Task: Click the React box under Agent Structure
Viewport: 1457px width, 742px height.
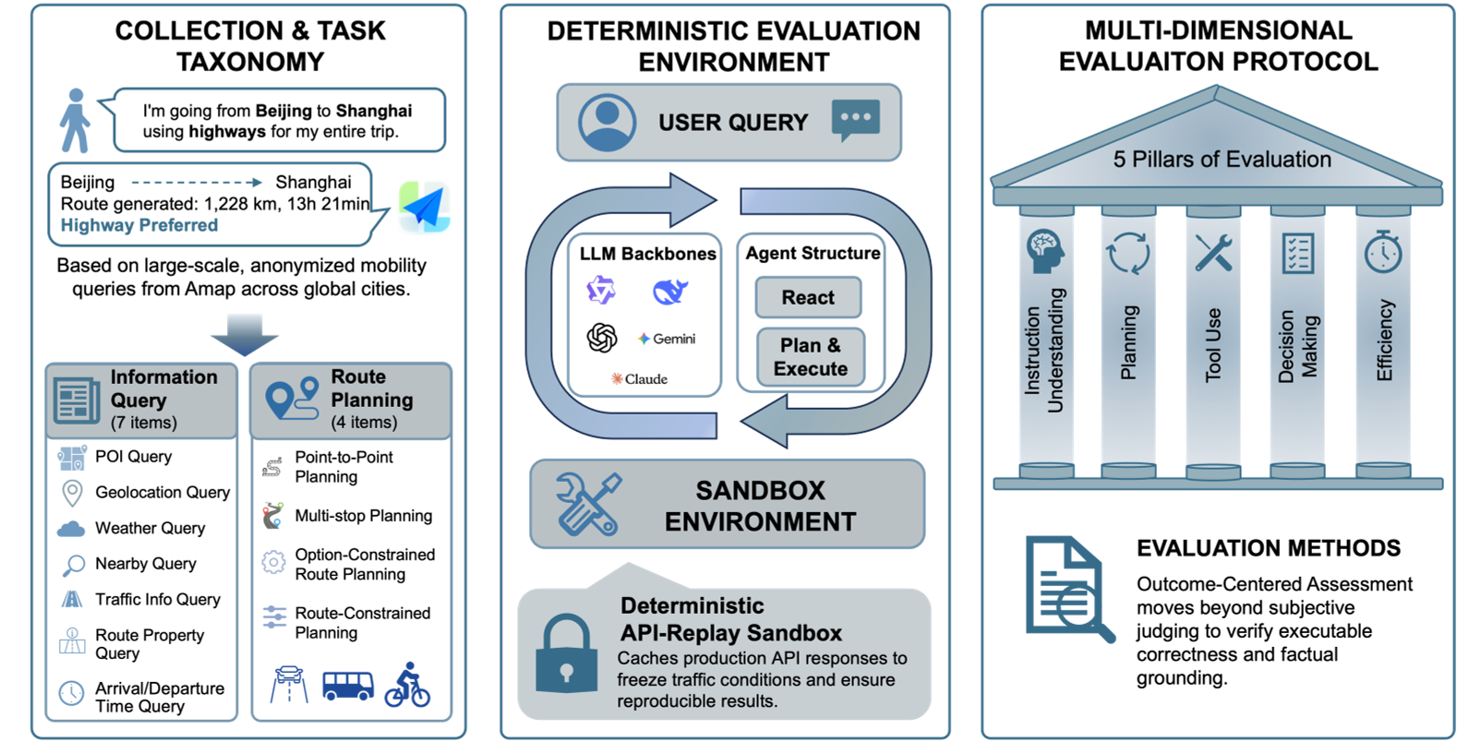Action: click(808, 297)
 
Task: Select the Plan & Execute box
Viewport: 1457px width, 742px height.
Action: click(810, 357)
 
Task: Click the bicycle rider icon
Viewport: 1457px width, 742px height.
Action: click(407, 685)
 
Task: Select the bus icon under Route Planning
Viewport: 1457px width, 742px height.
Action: click(347, 686)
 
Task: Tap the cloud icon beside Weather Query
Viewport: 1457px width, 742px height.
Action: click(71, 529)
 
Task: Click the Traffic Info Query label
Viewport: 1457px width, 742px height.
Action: click(158, 599)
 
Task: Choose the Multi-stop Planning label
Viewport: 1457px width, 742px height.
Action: click(363, 516)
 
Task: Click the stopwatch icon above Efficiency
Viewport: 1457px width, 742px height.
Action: click(1383, 251)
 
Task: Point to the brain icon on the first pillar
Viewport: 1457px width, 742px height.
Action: click(1045, 250)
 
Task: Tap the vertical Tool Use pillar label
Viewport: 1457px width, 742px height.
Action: click(1213, 344)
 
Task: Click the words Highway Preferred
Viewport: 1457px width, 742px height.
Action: click(139, 225)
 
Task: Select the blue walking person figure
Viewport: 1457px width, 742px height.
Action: click(75, 121)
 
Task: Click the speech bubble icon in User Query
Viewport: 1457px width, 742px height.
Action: click(855, 121)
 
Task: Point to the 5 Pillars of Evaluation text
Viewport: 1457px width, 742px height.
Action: click(1222, 160)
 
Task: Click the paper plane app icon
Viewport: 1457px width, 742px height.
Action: click(424, 207)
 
